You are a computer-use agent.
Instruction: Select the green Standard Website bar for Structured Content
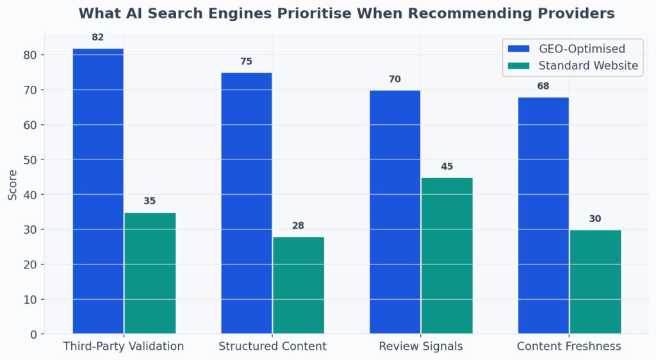[299, 285]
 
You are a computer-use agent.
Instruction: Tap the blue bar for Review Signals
[395, 211]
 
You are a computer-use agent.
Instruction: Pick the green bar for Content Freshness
[595, 282]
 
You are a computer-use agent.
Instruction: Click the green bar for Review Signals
[447, 256]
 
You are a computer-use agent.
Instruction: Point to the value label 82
[98, 38]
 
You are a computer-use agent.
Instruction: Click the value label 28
[299, 225]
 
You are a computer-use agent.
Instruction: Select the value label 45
[447, 167]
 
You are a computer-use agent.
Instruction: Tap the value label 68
[543, 86]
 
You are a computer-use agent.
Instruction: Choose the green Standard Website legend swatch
[520, 65]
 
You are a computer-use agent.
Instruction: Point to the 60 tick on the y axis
[30, 125]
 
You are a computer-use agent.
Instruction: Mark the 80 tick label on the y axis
[30, 55]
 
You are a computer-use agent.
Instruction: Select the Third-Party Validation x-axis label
[124, 347]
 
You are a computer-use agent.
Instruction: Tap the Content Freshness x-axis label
[570, 347]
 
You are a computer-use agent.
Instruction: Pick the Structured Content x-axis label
[272, 347]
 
